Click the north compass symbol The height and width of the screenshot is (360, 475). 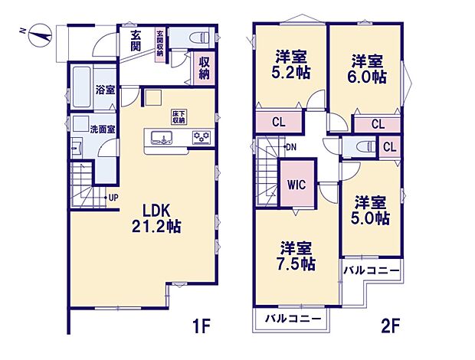tap(40, 36)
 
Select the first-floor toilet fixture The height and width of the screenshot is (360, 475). tap(199, 38)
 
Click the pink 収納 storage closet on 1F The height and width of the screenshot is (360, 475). tap(205, 69)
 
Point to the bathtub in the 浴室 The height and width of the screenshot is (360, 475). tap(82, 87)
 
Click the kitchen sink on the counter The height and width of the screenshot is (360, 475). tap(162, 138)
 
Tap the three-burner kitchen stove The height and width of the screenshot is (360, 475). tap(201, 137)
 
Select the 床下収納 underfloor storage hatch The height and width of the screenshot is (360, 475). tap(179, 117)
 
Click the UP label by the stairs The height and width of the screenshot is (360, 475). tap(113, 198)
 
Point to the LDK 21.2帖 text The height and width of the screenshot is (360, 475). tap(156, 218)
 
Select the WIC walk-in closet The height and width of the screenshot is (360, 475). tap(297, 184)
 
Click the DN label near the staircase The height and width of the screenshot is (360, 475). tap(291, 148)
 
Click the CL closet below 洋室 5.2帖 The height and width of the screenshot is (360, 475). tap(279, 122)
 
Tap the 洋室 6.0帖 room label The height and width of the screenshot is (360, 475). tap(367, 69)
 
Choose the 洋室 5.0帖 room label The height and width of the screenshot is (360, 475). tap(370, 211)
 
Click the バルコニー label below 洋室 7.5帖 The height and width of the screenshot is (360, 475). tap(293, 319)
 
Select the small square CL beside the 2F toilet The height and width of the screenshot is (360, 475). tap(389, 147)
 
